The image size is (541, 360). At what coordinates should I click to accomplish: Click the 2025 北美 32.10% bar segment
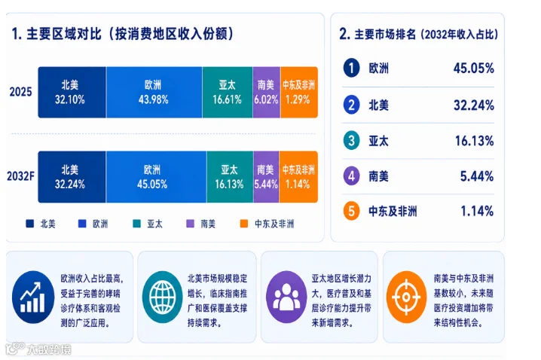click(72, 93)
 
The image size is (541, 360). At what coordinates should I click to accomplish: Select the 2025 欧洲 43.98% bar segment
click(154, 93)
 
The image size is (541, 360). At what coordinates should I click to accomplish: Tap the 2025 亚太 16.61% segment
click(228, 93)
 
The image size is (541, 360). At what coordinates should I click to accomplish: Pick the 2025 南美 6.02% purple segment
click(267, 93)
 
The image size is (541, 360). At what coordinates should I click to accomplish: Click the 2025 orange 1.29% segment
click(299, 93)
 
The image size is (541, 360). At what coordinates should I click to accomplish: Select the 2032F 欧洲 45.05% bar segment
click(156, 177)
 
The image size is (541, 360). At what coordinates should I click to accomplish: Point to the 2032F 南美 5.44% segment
click(266, 177)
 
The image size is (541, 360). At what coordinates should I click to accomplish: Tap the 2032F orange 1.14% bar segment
click(298, 177)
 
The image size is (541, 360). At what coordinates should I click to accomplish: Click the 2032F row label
click(20, 176)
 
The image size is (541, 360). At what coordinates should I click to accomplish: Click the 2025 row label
click(20, 92)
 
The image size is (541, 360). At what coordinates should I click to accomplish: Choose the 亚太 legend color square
click(136, 224)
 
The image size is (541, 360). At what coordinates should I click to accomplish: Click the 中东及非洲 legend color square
click(244, 224)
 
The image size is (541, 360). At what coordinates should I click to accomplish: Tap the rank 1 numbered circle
click(352, 68)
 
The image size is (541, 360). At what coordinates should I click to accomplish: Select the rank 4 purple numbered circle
click(352, 176)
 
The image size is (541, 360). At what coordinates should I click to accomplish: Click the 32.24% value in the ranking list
click(474, 105)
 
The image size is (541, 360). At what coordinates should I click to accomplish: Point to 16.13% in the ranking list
click(475, 141)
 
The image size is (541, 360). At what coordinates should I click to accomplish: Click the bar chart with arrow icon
click(33, 297)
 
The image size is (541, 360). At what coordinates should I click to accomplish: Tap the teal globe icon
click(163, 297)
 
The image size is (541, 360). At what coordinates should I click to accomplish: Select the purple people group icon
click(286, 297)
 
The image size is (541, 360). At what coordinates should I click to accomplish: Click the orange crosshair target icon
click(406, 297)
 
